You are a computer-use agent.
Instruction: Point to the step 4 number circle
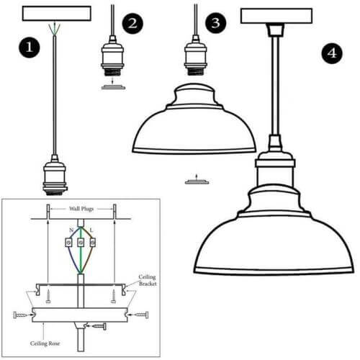(330, 53)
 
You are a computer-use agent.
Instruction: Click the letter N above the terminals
(69, 230)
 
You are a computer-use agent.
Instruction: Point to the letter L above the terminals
(91, 230)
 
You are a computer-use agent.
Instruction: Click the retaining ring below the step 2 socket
(112, 88)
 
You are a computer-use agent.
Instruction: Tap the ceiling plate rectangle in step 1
(57, 14)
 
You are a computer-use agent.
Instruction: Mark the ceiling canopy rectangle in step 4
(276, 15)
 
